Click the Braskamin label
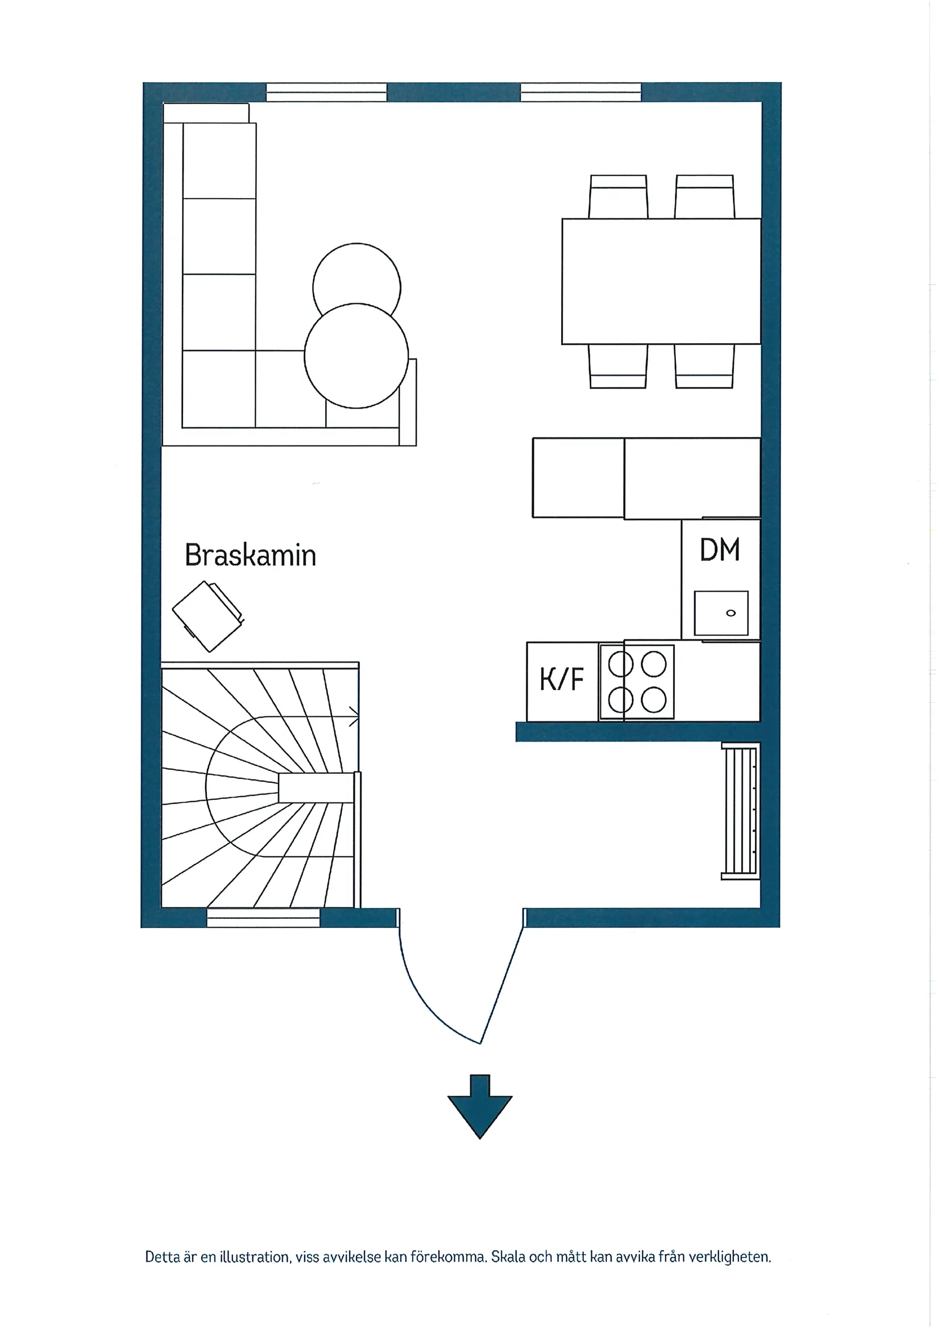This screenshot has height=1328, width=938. (250, 555)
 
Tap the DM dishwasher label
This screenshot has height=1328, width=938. (720, 550)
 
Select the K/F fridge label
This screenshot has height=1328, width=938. (561, 679)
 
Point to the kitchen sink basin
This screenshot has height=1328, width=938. (721, 613)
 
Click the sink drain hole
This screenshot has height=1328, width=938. (731, 613)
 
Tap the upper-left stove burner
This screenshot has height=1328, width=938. (621, 664)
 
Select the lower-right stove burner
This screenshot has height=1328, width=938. (654, 700)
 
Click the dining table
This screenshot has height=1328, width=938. (661, 281)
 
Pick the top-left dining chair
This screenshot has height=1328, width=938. (618, 196)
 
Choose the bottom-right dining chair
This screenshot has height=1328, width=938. (704, 366)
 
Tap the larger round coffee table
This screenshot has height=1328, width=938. (356, 356)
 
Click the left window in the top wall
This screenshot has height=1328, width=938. (326, 93)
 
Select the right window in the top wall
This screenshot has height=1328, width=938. (581, 93)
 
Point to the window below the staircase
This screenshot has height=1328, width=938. (263, 918)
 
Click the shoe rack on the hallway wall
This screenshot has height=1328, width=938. (740, 811)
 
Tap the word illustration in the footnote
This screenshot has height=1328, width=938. (254, 1257)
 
